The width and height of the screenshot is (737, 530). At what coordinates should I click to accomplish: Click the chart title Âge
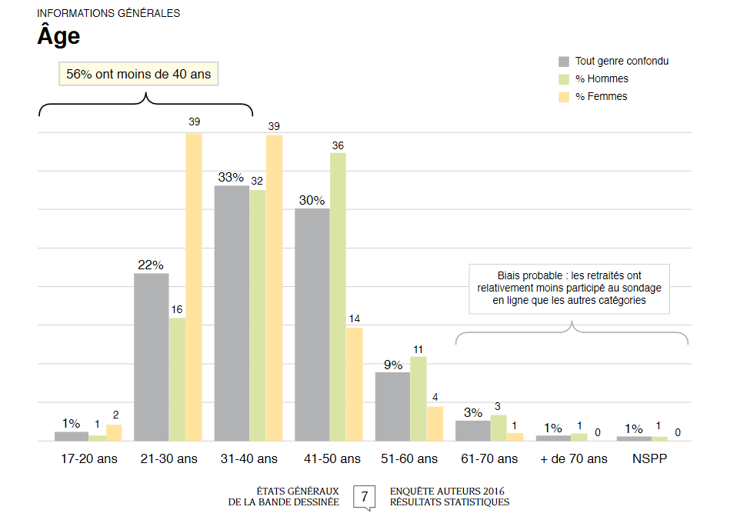[58, 36]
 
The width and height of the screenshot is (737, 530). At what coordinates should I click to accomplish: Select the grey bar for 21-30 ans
[152, 357]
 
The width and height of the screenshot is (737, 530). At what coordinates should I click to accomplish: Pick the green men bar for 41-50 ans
[338, 297]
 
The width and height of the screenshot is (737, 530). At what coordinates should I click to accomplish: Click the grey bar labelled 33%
[232, 313]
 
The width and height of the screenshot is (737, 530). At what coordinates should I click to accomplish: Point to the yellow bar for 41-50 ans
[354, 384]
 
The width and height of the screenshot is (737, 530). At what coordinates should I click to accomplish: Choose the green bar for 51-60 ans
[418, 398]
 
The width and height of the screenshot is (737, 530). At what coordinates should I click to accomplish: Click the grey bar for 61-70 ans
[472, 430]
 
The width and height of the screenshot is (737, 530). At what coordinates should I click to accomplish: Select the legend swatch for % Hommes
[564, 79]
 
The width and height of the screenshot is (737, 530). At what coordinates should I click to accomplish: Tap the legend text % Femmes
[602, 97]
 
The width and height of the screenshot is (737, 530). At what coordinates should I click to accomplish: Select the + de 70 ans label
[572, 459]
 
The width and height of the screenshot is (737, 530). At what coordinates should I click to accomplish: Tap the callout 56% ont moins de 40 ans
[139, 75]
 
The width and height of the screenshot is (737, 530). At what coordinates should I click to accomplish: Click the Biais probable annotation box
[569, 289]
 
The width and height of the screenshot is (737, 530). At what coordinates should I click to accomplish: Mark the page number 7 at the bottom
[364, 496]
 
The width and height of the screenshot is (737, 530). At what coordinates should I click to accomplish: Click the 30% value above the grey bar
[312, 200]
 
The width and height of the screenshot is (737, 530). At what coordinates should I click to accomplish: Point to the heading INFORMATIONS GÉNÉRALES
[108, 14]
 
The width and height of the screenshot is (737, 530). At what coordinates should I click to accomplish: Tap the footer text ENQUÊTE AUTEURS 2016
[448, 492]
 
